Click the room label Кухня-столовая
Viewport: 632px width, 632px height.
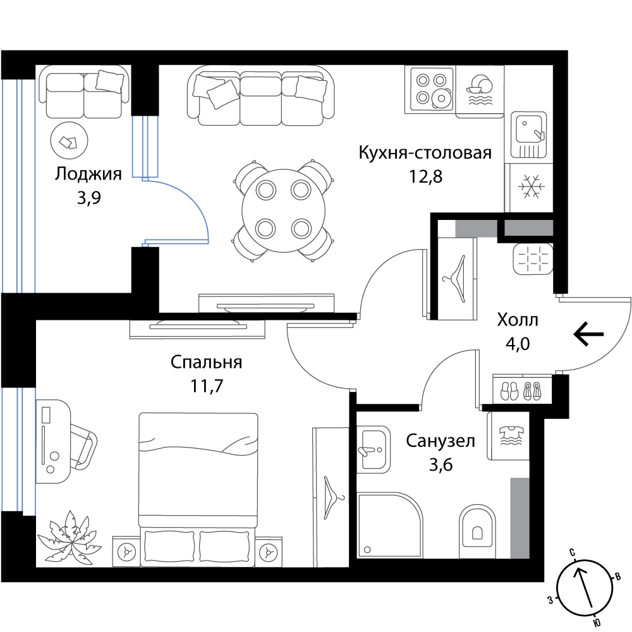[425, 153]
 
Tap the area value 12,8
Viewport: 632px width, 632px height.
[425, 176]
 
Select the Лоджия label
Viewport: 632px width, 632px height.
[88, 174]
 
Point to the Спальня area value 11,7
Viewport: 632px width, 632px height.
[207, 386]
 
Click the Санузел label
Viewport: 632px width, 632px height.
[441, 441]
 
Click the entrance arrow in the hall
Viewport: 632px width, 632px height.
[589, 334]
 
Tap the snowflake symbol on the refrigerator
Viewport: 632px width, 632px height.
[532, 186]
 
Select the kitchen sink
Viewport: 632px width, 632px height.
[528, 135]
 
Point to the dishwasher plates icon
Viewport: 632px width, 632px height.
[480, 90]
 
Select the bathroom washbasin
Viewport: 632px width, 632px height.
[374, 449]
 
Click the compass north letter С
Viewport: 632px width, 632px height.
[571, 552]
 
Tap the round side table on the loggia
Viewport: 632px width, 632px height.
[69, 141]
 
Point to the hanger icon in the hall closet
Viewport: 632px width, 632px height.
[456, 278]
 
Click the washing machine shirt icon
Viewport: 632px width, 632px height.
[511, 435]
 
